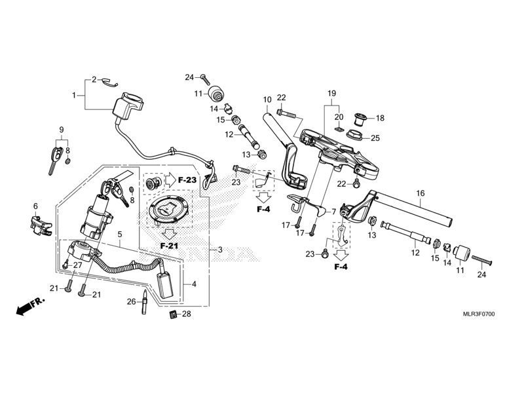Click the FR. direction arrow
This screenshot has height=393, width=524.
tap(30, 306)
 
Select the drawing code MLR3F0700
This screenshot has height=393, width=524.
tap(479, 314)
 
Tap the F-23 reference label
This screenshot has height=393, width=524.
tap(187, 180)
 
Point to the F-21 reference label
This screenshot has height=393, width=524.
tap(169, 246)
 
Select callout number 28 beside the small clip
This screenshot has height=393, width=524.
tap(187, 314)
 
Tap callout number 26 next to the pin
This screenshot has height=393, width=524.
tap(132, 302)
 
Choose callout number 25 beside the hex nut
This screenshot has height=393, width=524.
tap(375, 138)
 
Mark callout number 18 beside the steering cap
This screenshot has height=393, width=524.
tap(380, 118)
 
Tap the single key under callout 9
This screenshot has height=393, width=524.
tap(55, 160)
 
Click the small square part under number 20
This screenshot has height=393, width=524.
tap(339, 128)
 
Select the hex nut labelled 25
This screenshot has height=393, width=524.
tap(356, 136)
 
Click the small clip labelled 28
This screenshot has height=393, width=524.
tap(172, 314)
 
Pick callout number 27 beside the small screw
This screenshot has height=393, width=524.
tap(77, 265)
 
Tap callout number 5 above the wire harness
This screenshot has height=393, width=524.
tap(120, 234)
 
